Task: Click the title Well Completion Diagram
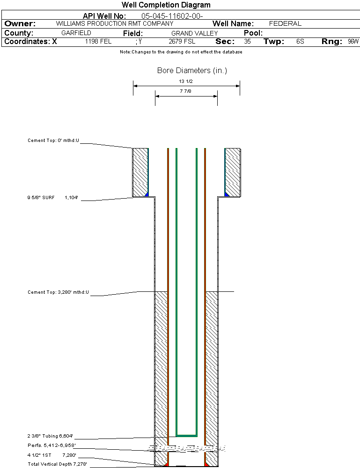point(166,5)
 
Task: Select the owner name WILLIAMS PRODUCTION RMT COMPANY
point(114,23)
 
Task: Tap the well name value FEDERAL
point(285,23)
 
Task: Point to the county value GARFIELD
point(76,33)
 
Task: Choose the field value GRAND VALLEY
point(194,33)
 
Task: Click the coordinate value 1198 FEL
point(98,42)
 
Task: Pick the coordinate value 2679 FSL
point(182,42)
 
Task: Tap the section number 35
point(247,42)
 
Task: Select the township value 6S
point(300,42)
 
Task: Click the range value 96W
point(353,42)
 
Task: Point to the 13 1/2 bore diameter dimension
point(186,82)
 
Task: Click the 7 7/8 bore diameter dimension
point(186,92)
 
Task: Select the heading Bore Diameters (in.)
point(192,71)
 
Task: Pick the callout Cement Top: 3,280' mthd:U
point(58,292)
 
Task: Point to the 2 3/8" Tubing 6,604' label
point(50,436)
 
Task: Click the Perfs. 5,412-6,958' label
point(51,445)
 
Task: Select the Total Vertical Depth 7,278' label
point(57,464)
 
